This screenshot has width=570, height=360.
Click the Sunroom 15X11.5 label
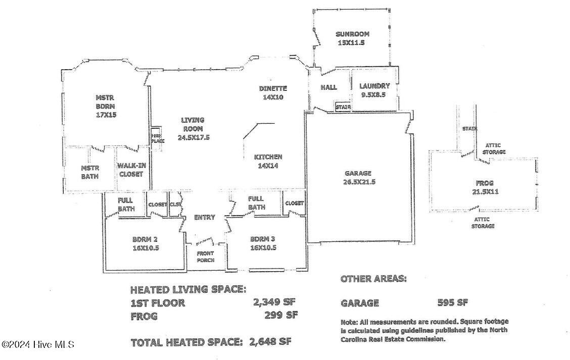coord(352,38)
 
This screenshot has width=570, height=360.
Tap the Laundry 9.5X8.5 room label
coord(374,90)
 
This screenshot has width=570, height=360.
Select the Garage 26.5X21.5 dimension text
coord(358,178)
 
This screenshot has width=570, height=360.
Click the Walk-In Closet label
coord(131,170)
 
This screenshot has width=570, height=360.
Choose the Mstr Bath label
coord(90,172)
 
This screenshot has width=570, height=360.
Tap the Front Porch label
coord(205,257)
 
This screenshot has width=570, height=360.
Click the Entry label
coord(204,217)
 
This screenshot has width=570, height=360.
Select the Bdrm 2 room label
coord(146,244)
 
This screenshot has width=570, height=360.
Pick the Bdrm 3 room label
coord(263,243)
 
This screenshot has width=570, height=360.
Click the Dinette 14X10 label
coord(273,92)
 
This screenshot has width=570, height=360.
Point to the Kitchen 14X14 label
coord(268,161)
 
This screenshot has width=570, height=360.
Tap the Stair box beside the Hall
coord(343,107)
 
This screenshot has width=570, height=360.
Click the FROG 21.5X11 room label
coord(485,187)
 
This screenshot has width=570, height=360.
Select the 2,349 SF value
coord(274,302)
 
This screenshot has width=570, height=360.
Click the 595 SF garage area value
coord(453,302)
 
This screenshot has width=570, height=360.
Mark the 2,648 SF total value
coord(270,341)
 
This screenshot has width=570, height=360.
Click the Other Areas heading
coord(373,279)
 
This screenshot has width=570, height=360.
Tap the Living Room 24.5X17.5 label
coord(194,129)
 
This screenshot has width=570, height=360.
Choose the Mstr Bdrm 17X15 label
coord(106,106)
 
